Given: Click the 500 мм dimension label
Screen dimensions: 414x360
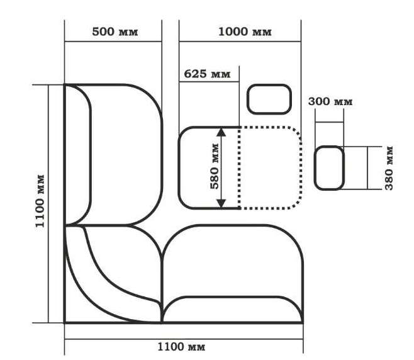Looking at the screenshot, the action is click(x=115, y=31).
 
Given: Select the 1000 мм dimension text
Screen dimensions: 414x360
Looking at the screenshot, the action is click(x=245, y=31).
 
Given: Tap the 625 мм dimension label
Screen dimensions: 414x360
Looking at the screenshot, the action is click(x=207, y=74).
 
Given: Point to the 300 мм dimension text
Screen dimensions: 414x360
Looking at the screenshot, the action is click(x=330, y=101).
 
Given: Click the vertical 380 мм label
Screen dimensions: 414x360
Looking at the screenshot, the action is click(x=389, y=168).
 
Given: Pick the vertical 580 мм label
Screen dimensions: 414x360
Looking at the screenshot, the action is click(x=215, y=166).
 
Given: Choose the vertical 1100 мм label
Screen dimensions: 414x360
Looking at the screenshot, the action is click(x=40, y=201).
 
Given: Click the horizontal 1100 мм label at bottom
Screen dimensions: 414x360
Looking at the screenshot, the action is click(x=181, y=347).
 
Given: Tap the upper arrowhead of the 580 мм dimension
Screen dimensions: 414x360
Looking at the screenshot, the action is click(x=221, y=132).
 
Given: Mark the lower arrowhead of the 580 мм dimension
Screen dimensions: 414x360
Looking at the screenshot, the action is click(x=221, y=203).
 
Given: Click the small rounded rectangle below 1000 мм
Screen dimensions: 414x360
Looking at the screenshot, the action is click(x=269, y=99).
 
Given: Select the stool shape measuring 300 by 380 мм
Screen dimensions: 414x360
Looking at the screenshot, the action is click(x=329, y=168).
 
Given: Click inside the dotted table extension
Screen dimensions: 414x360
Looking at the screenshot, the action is click(x=270, y=168).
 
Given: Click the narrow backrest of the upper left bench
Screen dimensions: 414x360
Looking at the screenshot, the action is click(x=79, y=155).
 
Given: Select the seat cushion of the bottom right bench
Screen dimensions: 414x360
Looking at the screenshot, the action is click(x=232, y=261).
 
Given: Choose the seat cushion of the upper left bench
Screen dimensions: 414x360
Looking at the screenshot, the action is click(x=126, y=155).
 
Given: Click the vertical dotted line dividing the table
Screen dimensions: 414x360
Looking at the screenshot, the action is click(x=239, y=168).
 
